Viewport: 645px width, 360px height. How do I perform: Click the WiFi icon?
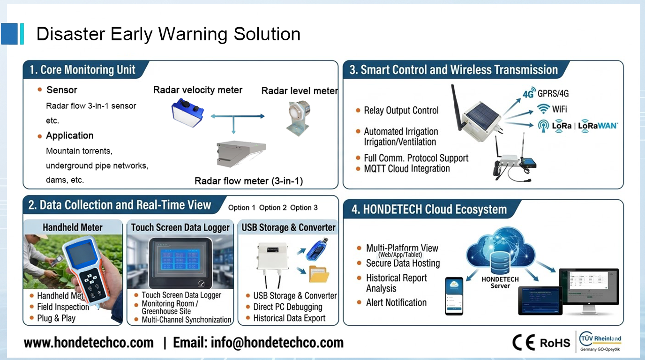[543, 109]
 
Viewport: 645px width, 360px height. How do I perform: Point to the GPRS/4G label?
[553, 93]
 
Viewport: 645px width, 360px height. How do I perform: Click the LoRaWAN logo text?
[598, 126]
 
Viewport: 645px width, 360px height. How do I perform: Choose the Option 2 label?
[273, 208]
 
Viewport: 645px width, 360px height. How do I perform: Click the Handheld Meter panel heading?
[73, 227]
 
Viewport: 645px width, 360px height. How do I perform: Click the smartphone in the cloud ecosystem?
[454, 296]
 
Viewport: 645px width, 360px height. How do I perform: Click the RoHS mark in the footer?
[555, 343]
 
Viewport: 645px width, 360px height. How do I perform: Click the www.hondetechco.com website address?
[89, 343]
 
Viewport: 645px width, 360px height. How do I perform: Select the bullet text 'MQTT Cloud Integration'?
[407, 169]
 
